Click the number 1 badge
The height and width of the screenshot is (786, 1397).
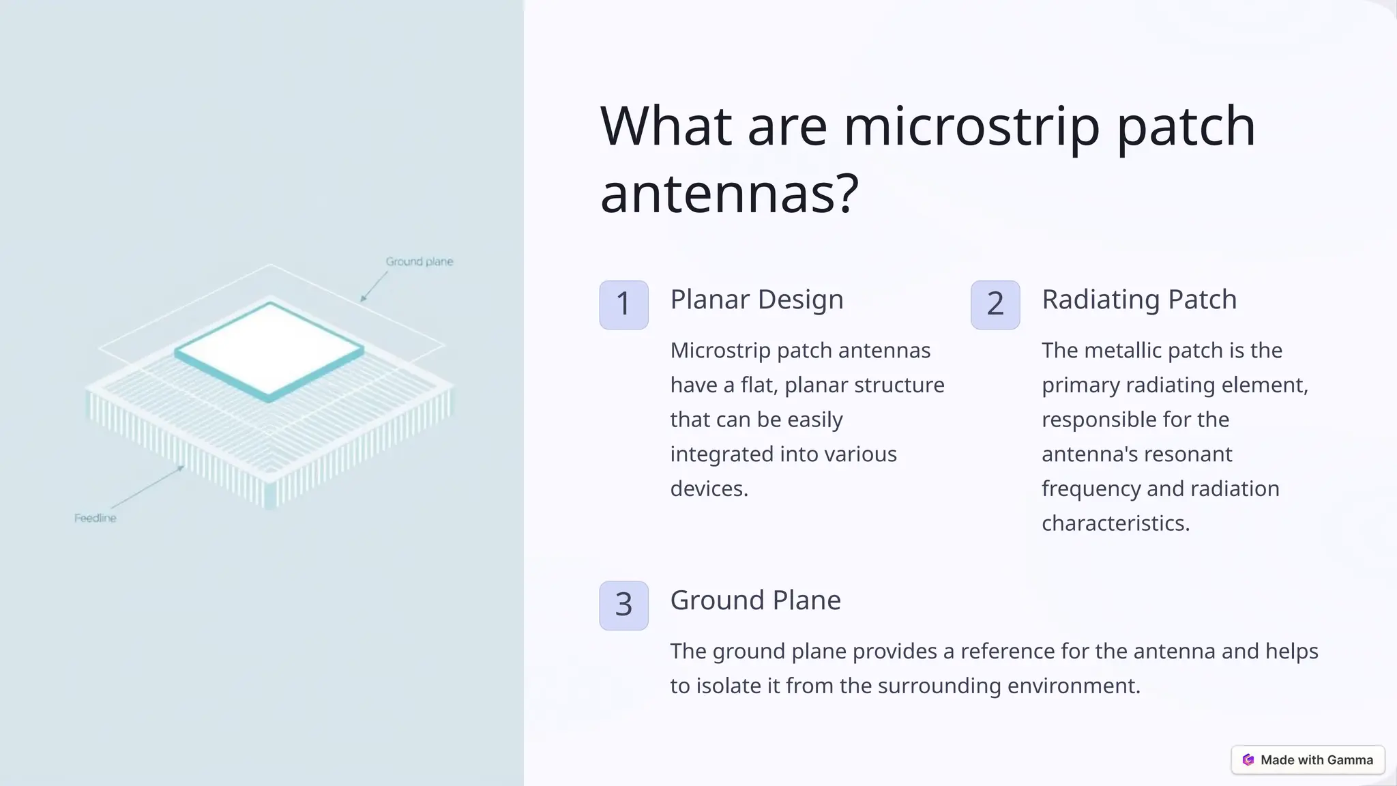point(623,304)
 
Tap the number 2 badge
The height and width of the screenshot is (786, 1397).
point(995,304)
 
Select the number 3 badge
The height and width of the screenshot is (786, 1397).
point(623,605)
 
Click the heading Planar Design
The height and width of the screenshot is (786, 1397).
point(756,300)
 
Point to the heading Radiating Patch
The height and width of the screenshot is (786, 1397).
point(1138,300)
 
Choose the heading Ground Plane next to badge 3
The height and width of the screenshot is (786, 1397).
point(755,600)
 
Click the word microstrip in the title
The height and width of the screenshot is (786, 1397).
point(971,127)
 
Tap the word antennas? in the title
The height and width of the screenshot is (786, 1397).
point(729,194)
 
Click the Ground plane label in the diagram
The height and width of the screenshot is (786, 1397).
point(419,261)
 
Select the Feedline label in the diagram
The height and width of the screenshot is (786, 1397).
point(95,518)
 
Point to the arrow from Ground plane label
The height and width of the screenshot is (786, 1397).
point(374,286)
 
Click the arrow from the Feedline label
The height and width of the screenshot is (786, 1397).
point(147,487)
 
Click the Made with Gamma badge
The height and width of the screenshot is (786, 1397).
point(1308,759)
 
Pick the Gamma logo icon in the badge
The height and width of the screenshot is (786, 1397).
point(1248,759)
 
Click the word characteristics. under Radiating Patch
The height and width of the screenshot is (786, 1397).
point(1115,523)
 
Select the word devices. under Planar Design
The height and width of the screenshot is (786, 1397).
point(709,489)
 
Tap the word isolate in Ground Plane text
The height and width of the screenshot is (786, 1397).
point(728,686)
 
